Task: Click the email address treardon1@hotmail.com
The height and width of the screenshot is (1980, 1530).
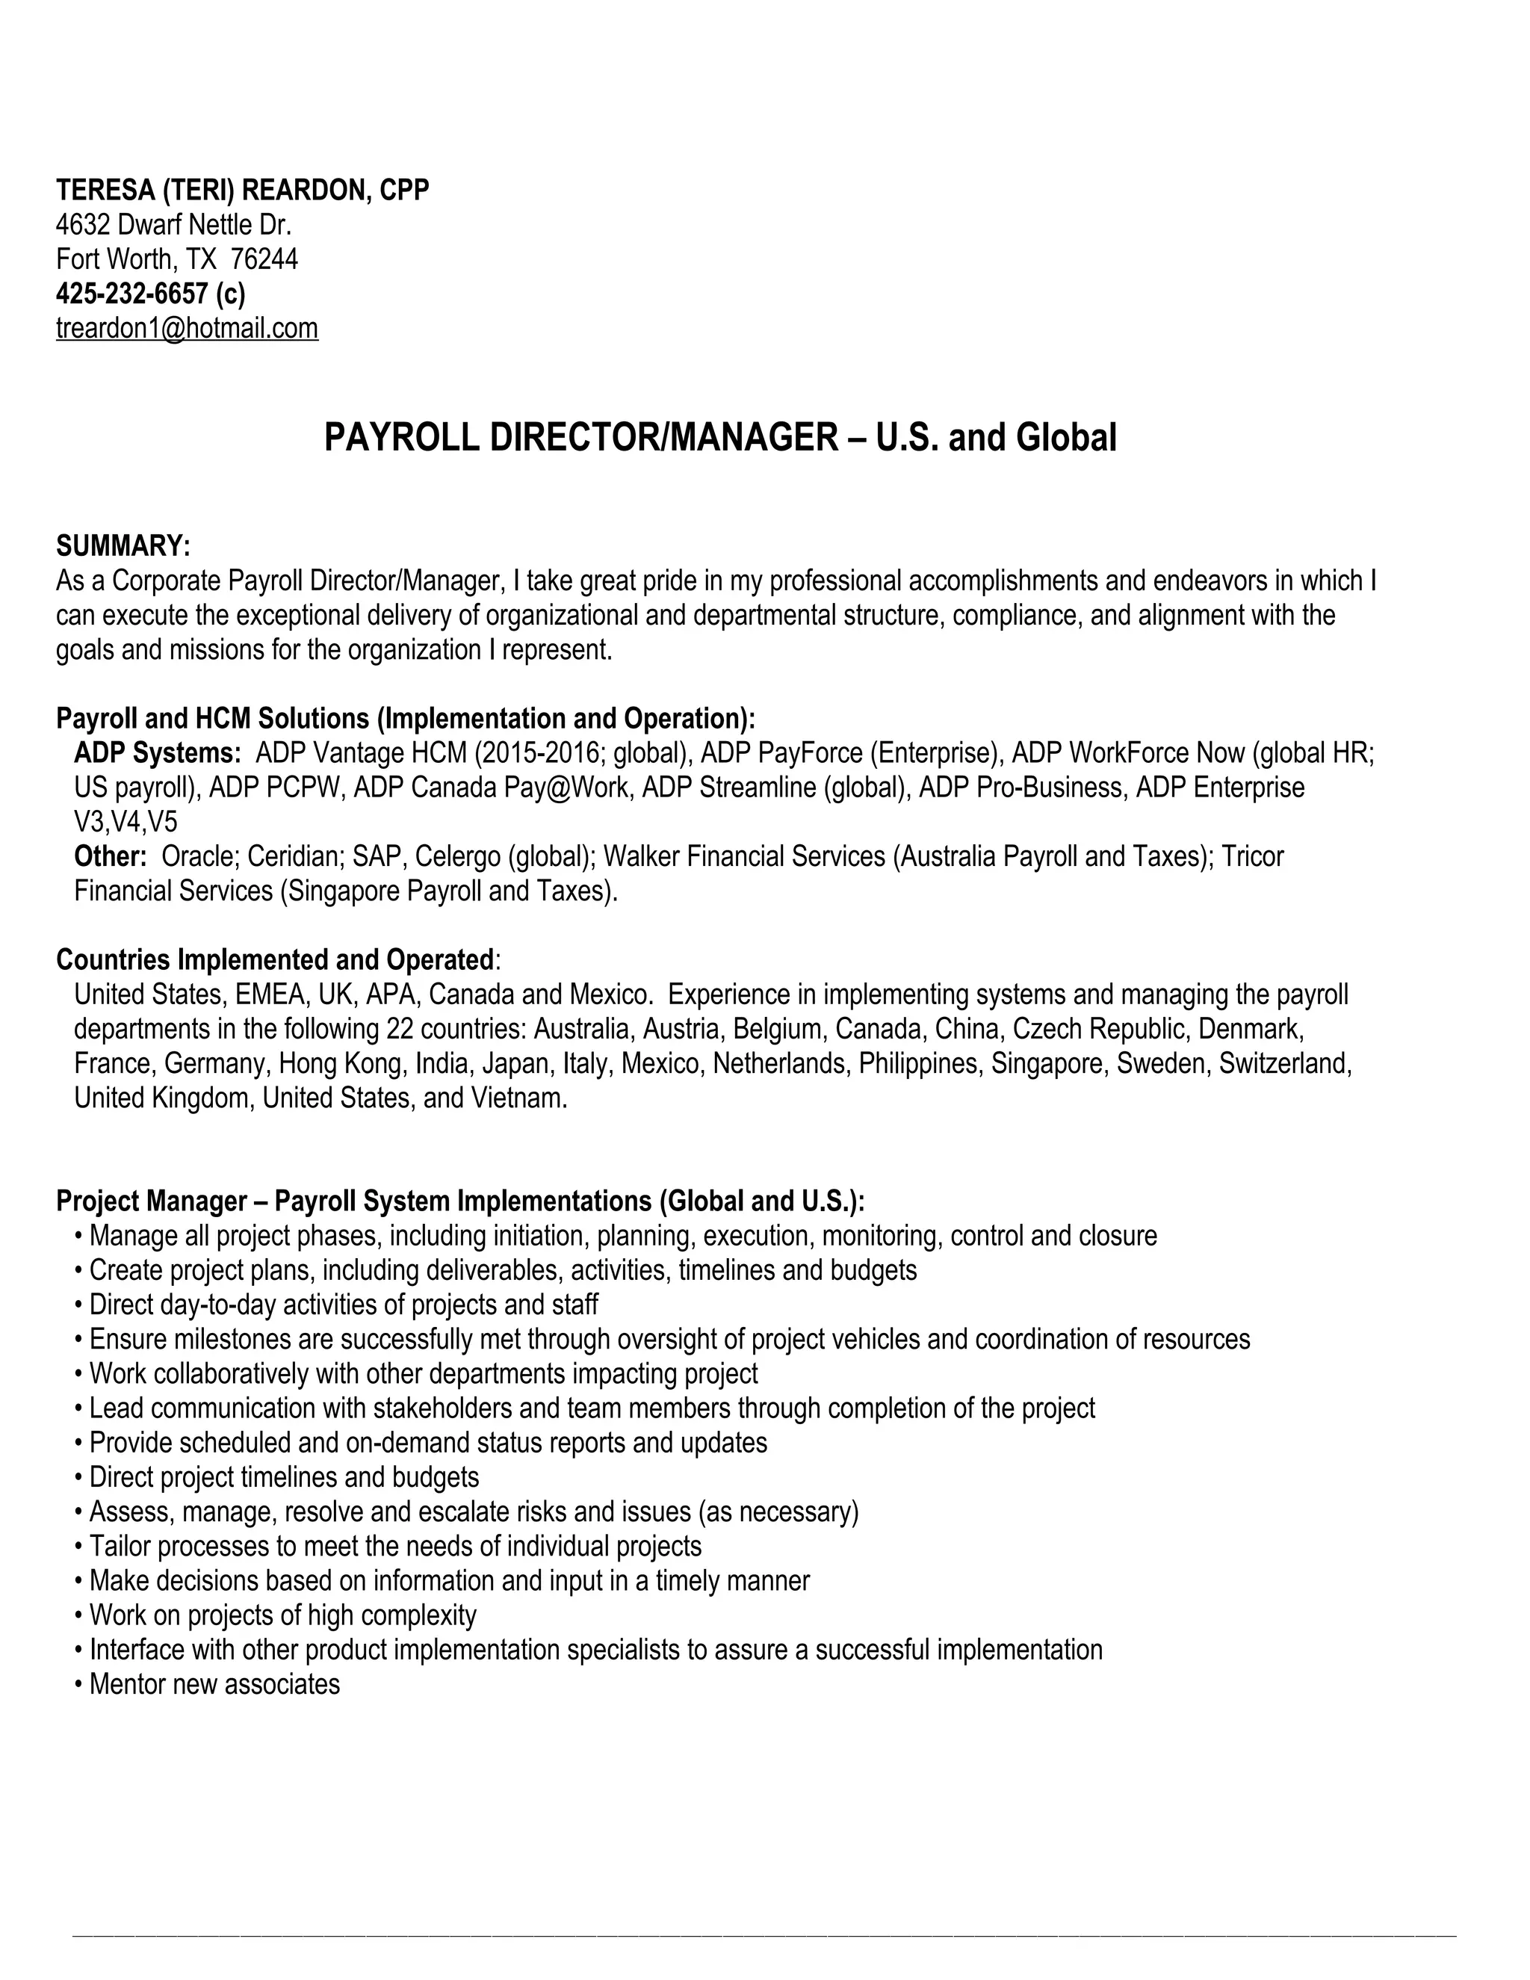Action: click(187, 328)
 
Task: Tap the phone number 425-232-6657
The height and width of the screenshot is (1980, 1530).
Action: click(132, 294)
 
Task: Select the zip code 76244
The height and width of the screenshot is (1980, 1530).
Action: click(264, 259)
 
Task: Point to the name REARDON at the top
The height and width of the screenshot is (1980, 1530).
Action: click(303, 190)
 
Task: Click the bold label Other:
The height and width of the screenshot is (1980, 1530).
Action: click(111, 856)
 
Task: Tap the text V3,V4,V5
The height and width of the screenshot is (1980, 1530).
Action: click(126, 821)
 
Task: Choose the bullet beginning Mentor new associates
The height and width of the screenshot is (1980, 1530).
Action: click(215, 1684)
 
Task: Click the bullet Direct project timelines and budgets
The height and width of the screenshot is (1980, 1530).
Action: click(284, 1478)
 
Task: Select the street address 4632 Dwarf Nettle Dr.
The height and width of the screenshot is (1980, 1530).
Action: click(174, 225)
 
